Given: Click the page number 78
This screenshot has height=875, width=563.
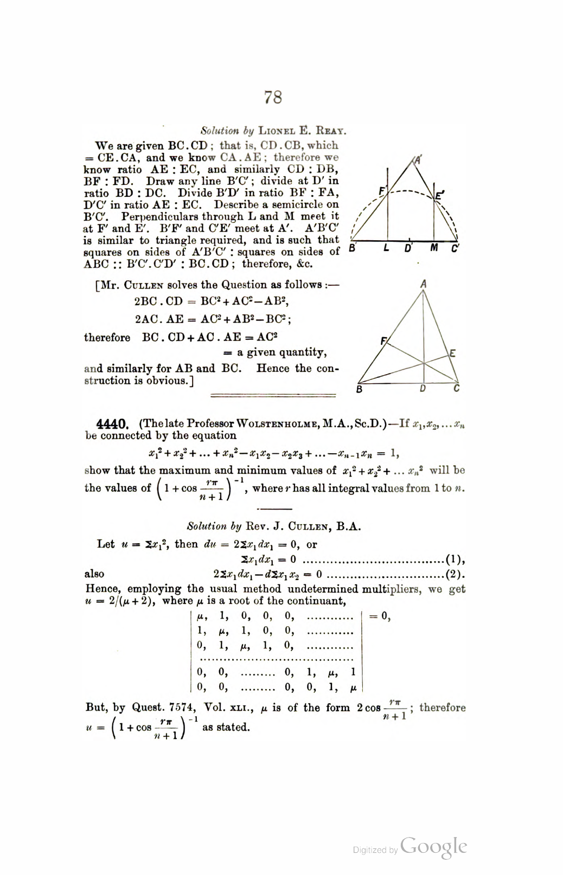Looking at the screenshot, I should coord(273,97).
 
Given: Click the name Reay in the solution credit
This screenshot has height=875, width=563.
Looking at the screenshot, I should coord(330,131).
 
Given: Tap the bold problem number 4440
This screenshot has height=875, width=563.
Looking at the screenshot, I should coord(112,424).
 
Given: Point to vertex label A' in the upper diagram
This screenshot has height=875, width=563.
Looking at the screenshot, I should coord(418,160).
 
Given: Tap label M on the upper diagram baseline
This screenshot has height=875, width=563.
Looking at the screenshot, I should coord(434,248).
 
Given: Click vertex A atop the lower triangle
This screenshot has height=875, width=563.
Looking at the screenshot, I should coord(423,284).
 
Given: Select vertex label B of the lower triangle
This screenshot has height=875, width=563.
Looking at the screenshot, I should coord(359,389).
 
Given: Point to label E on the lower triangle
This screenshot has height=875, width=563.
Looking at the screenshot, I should coord(452,353).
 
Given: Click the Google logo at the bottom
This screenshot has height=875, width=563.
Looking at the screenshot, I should coord(434,847).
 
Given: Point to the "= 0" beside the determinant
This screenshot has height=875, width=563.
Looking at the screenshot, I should coord(380,616).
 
